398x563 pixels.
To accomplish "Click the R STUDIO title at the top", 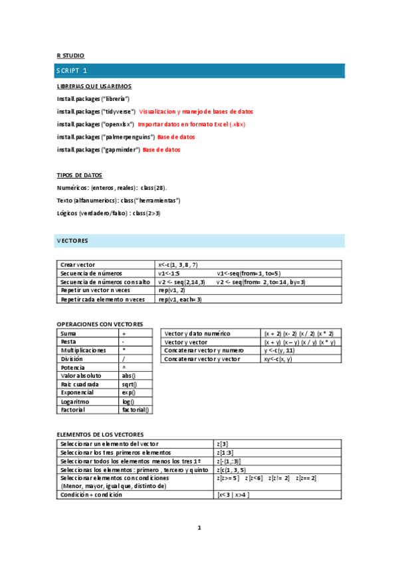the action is [x=70, y=56].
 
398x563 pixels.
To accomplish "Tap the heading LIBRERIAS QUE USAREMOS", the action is [x=94, y=86].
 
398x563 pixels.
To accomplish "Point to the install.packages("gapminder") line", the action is [x=98, y=150].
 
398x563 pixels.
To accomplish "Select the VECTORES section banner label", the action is [x=72, y=240].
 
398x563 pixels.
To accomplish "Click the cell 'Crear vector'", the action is [x=78, y=265].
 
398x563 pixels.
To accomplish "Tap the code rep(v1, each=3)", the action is [x=180, y=299].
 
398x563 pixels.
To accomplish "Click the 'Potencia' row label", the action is [x=72, y=367].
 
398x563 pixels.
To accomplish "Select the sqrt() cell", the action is [x=129, y=384].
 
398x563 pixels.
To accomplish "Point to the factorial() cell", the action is [x=136, y=410].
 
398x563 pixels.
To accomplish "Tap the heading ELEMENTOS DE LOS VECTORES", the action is [x=100, y=434].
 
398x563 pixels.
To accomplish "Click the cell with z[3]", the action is [x=223, y=443].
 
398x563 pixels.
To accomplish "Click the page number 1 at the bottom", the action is [x=199, y=528].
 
